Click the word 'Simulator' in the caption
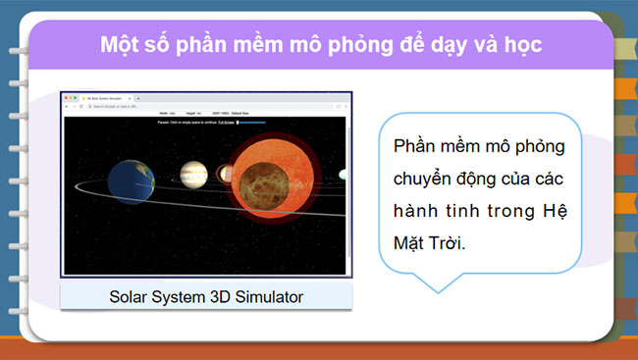(263, 295)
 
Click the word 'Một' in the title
(121, 45)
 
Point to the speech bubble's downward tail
(430, 284)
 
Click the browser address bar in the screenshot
(196, 107)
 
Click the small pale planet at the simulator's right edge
(344, 175)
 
